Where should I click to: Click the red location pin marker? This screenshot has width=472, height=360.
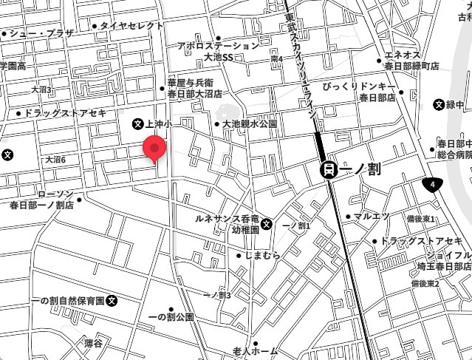(154, 148)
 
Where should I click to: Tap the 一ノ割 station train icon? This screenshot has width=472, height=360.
(329, 170)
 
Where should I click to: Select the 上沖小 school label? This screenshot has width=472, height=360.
(158, 124)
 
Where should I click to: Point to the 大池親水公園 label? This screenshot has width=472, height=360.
(250, 124)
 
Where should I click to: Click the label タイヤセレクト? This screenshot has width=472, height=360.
(131, 26)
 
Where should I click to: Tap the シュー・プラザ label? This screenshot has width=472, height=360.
(42, 33)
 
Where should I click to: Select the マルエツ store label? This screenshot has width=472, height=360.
(370, 217)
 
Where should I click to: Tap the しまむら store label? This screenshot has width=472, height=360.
(261, 255)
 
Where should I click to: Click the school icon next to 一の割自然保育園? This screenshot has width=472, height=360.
(112, 301)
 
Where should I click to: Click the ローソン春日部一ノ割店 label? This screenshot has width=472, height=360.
(43, 200)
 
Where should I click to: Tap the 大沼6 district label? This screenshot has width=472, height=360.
(55, 159)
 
